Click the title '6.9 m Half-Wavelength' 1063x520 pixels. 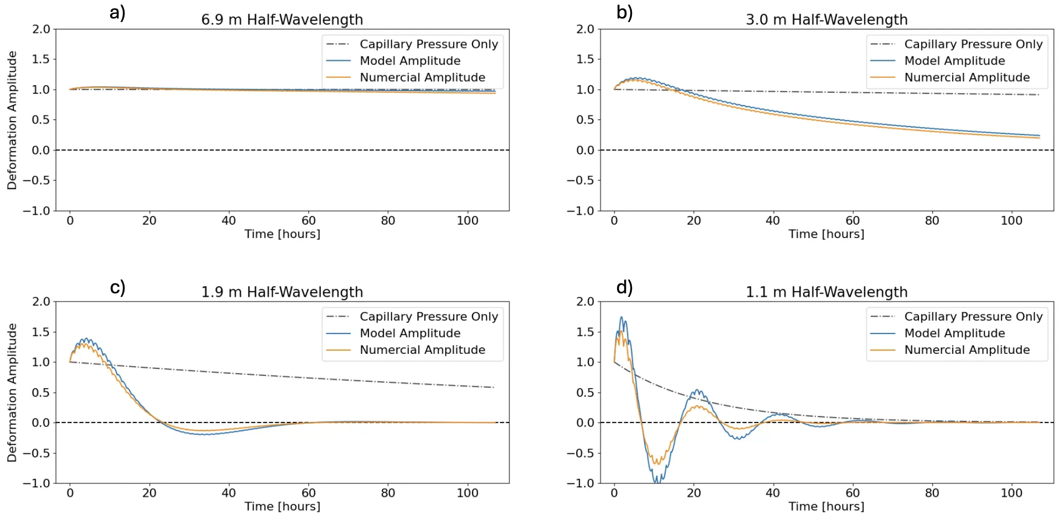[282, 19]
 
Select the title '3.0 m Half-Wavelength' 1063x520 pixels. [826, 19]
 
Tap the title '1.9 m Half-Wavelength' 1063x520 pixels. [282, 292]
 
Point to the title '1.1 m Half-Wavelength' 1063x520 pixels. [826, 292]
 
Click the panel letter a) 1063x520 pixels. [117, 12]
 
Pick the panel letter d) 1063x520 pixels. [624, 287]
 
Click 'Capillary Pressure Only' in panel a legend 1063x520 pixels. [429, 44]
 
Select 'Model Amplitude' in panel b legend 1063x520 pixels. [954, 61]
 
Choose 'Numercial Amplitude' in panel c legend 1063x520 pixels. [422, 350]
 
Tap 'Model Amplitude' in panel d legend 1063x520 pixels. [954, 333]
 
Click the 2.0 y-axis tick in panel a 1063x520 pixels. [41, 29]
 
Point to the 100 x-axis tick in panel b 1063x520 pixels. [1011, 221]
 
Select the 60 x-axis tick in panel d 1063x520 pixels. [852, 493]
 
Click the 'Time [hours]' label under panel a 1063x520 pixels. [282, 234]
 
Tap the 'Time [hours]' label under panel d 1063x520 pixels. [826, 506]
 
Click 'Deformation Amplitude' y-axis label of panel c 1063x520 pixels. [12, 392]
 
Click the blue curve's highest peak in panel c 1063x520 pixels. [86, 338]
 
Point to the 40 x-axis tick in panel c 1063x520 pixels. [229, 493]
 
